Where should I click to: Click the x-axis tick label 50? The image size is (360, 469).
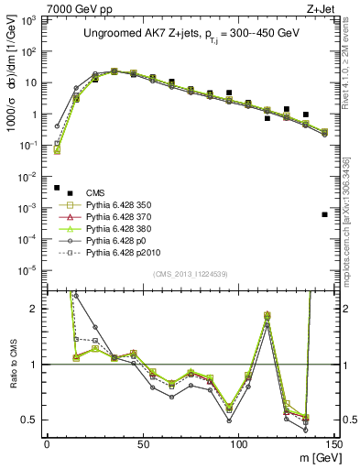(142, 444)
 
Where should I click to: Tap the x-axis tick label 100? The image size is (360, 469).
(238, 444)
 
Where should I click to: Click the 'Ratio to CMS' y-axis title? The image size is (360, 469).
(10, 365)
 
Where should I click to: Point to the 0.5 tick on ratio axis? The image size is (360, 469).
(31, 420)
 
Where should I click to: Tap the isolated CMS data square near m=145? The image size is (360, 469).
(325, 214)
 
